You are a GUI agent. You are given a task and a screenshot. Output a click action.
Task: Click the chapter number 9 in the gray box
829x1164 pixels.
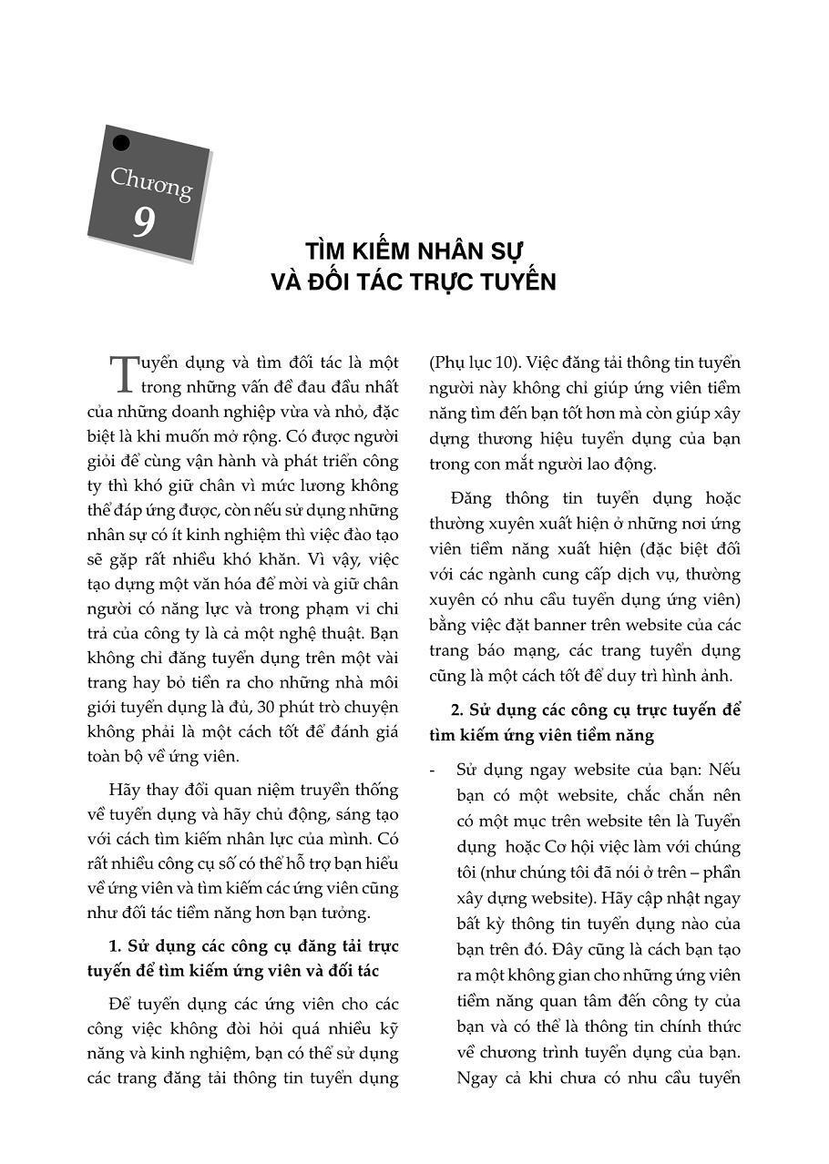(143, 222)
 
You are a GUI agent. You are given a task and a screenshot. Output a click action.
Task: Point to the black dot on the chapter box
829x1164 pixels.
(121, 143)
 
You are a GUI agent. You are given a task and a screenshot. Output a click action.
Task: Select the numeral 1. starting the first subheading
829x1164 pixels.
(116, 945)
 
